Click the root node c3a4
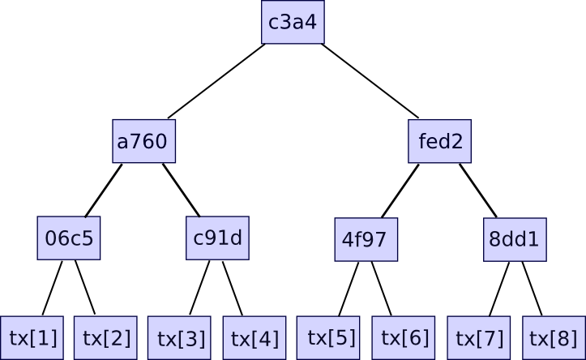click(293, 22)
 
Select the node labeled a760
click(144, 142)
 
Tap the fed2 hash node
click(440, 142)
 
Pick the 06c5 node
click(69, 238)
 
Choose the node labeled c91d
click(217, 238)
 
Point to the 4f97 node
click(366, 240)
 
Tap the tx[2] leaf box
click(105, 337)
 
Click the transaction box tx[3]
click(180, 338)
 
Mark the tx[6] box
click(404, 337)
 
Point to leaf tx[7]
click(478, 338)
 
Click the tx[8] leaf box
click(553, 338)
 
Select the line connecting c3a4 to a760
click(216, 81)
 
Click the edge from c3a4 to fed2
click(370, 81)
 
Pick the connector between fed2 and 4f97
click(400, 191)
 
